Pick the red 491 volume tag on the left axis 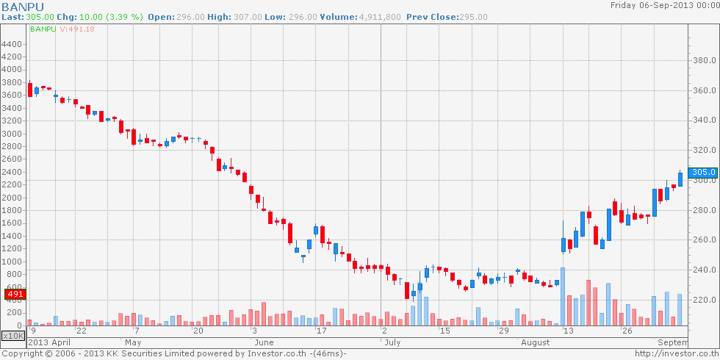coord(15,295)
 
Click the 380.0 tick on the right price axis coord(705,60)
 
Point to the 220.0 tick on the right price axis coord(705,300)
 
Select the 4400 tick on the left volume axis coord(12,44)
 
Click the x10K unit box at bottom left coord(12,336)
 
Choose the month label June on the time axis coord(263,342)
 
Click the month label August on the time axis coord(534,342)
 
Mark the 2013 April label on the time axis coord(49,342)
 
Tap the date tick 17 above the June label coord(320,331)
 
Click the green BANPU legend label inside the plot coord(43,29)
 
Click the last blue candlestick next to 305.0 coord(680,179)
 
